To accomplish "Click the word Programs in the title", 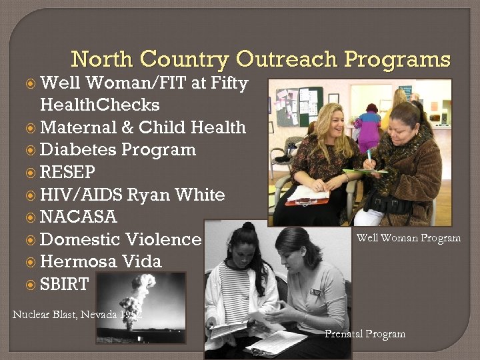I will click(397, 60).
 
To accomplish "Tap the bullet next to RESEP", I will click(31, 172).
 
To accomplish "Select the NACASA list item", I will click(78, 217).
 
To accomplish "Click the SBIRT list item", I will click(64, 283).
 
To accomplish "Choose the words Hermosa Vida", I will click(101, 261).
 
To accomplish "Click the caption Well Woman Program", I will click(408, 238).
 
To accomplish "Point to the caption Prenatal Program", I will click(365, 334).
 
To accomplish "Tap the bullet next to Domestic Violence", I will click(31, 239).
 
